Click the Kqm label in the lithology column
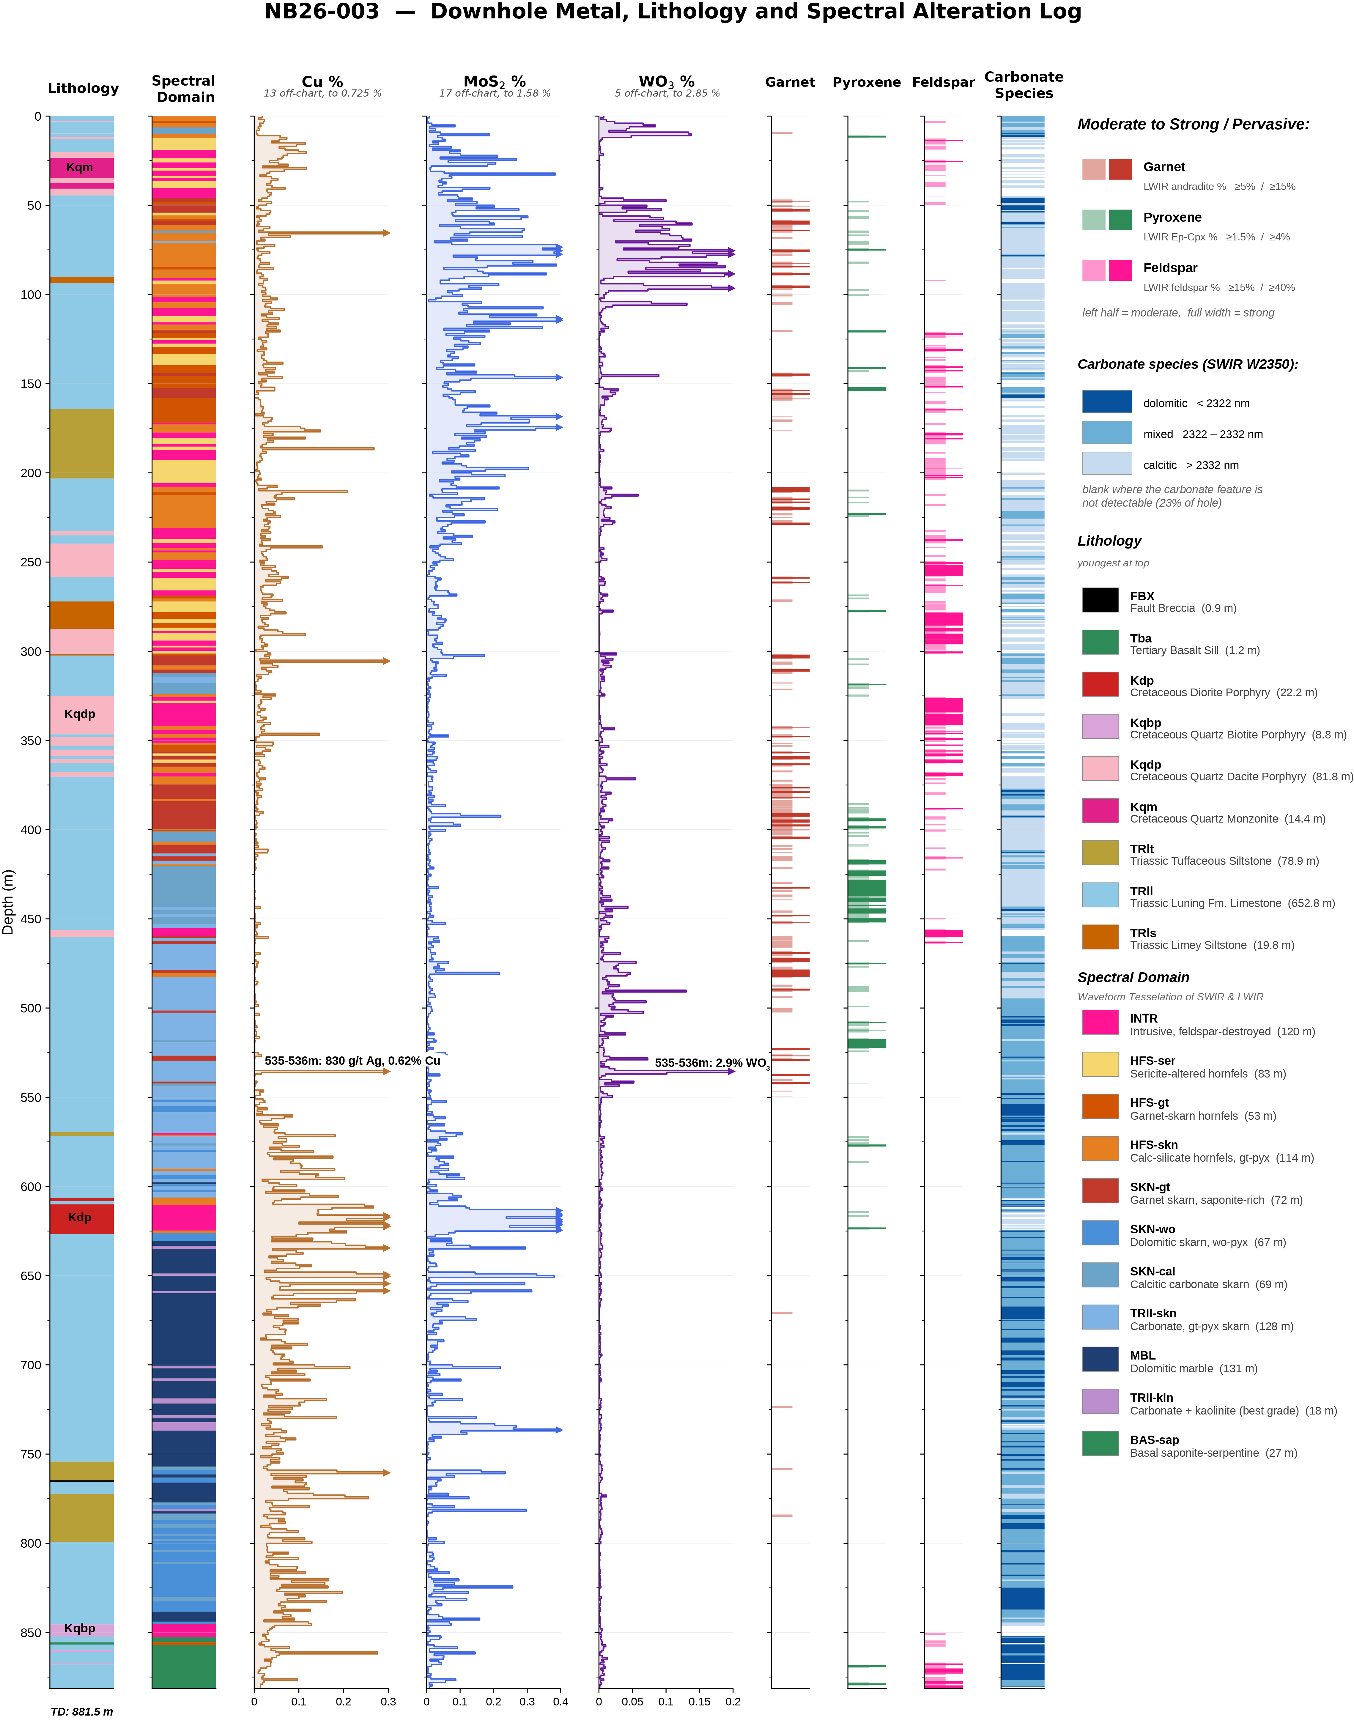click(x=79, y=167)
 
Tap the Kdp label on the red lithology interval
click(x=79, y=1217)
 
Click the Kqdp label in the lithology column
click(x=79, y=714)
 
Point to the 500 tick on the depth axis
click(x=30, y=1008)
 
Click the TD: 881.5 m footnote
click(x=82, y=1711)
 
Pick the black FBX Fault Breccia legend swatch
click(x=1100, y=600)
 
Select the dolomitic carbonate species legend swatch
click(x=1107, y=401)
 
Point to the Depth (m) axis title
click(x=9, y=902)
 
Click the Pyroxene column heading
click(x=867, y=82)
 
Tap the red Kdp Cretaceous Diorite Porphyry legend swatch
click(x=1100, y=684)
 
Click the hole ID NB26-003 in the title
click(x=322, y=12)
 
